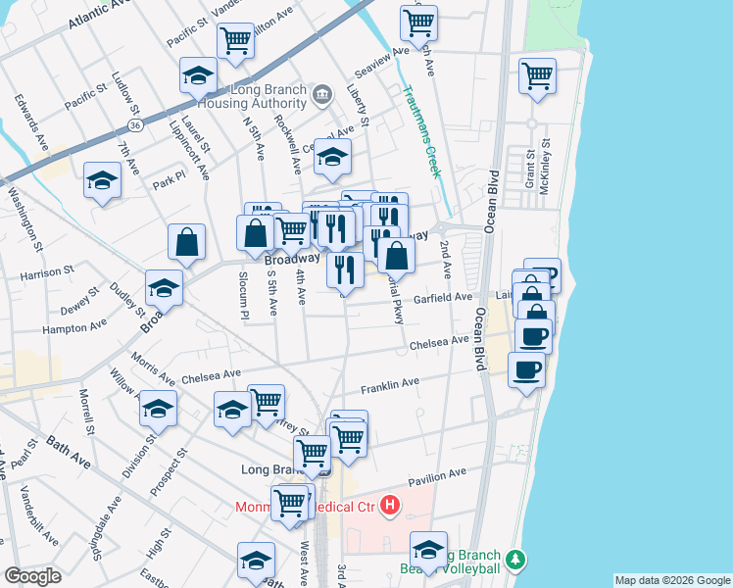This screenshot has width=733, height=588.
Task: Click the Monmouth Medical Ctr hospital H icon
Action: (x=390, y=506)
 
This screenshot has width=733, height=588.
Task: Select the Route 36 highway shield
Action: (x=135, y=126)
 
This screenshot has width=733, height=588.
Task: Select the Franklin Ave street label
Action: (x=389, y=383)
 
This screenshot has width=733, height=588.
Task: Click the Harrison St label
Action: (x=47, y=269)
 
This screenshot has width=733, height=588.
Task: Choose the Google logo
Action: (x=32, y=576)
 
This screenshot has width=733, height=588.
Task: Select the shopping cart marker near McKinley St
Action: (x=538, y=75)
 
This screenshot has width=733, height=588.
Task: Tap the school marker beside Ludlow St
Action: (x=198, y=75)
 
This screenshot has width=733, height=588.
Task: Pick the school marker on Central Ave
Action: (x=333, y=156)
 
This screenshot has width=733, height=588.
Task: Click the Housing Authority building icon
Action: (x=322, y=95)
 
